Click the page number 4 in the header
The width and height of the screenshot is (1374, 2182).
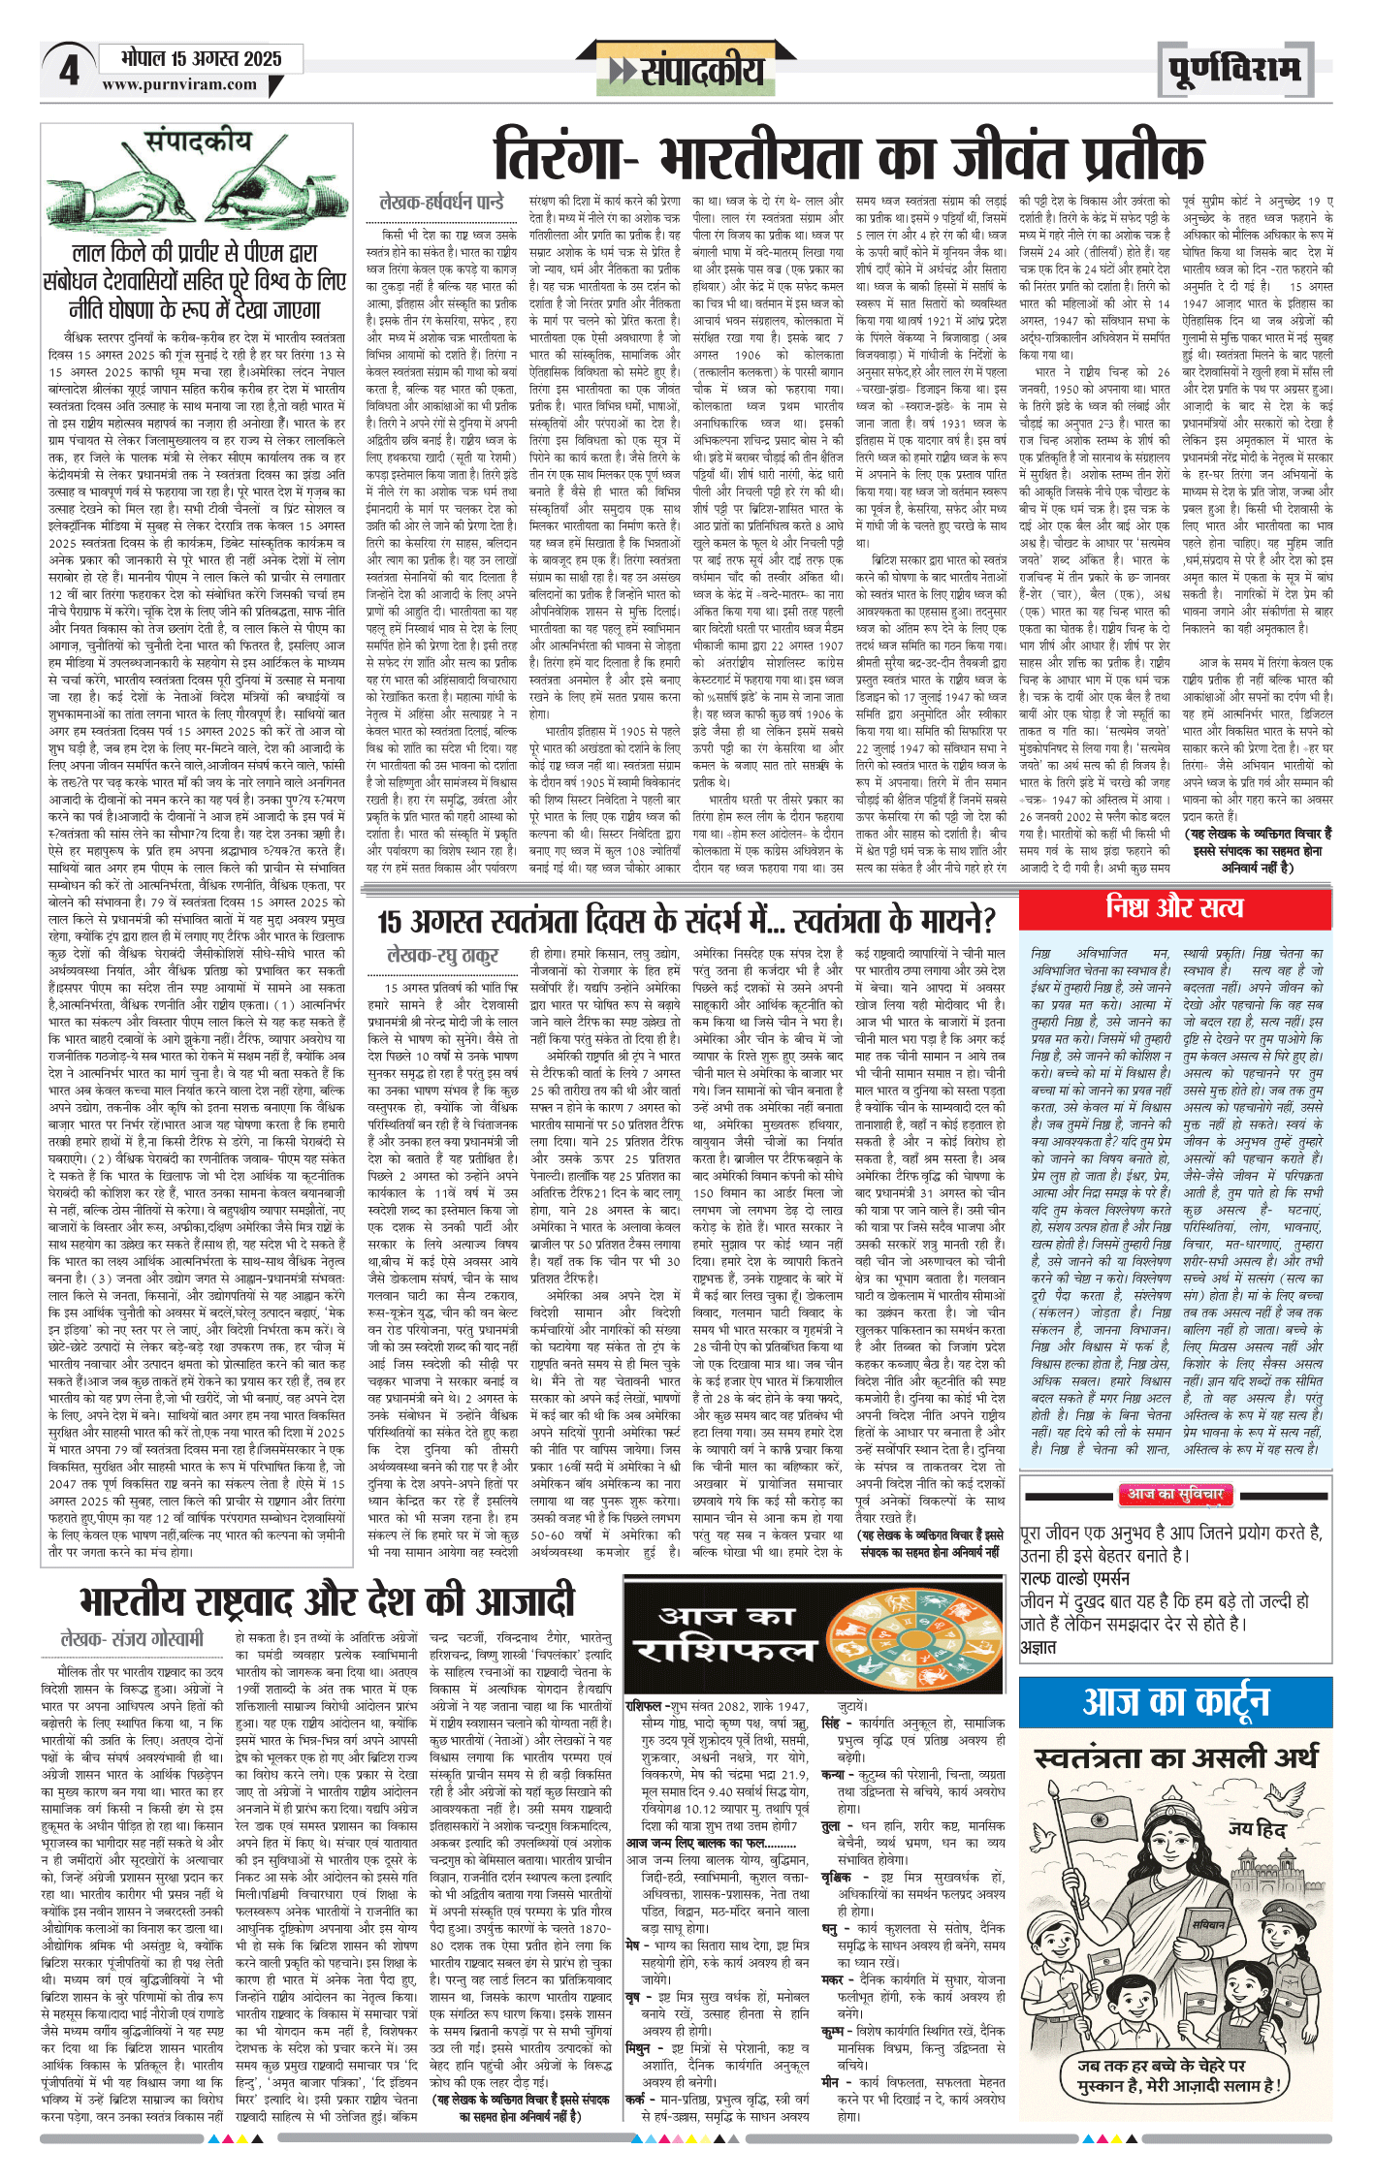68,71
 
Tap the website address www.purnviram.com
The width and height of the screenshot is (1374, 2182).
179,84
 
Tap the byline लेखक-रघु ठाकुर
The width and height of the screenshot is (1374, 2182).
442,956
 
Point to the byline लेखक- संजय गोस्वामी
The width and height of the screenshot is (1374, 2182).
132,1639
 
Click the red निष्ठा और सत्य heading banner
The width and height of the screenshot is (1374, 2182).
1174,907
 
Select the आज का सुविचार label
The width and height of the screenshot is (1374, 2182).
1174,1494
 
